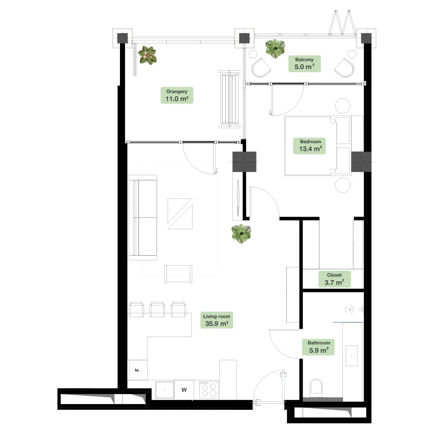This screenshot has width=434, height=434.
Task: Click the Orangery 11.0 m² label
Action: point(177,95)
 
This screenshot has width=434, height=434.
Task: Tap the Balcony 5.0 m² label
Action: point(305,64)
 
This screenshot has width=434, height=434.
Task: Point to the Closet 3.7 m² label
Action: point(334,279)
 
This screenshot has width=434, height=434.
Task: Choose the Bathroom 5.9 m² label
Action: point(319,347)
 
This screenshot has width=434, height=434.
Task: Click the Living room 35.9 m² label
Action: point(217,320)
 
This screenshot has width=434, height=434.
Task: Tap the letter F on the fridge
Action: point(137,370)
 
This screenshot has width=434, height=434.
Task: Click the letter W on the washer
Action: point(184,390)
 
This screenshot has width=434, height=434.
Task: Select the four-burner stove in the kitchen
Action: point(209,390)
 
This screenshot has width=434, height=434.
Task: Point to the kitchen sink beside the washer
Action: point(165,390)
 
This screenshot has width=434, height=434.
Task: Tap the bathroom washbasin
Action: point(352,355)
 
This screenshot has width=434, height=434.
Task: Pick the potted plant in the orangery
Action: point(147,55)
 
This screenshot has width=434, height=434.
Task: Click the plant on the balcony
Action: point(275,49)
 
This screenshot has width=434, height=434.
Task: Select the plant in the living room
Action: point(241,234)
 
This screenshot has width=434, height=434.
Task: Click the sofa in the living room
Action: point(143,217)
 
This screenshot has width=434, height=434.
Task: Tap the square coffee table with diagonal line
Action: point(180,214)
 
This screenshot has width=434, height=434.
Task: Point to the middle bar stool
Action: point(157,309)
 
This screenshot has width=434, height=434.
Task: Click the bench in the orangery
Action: point(230,99)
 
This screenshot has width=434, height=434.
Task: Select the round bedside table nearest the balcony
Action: point(342,106)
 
